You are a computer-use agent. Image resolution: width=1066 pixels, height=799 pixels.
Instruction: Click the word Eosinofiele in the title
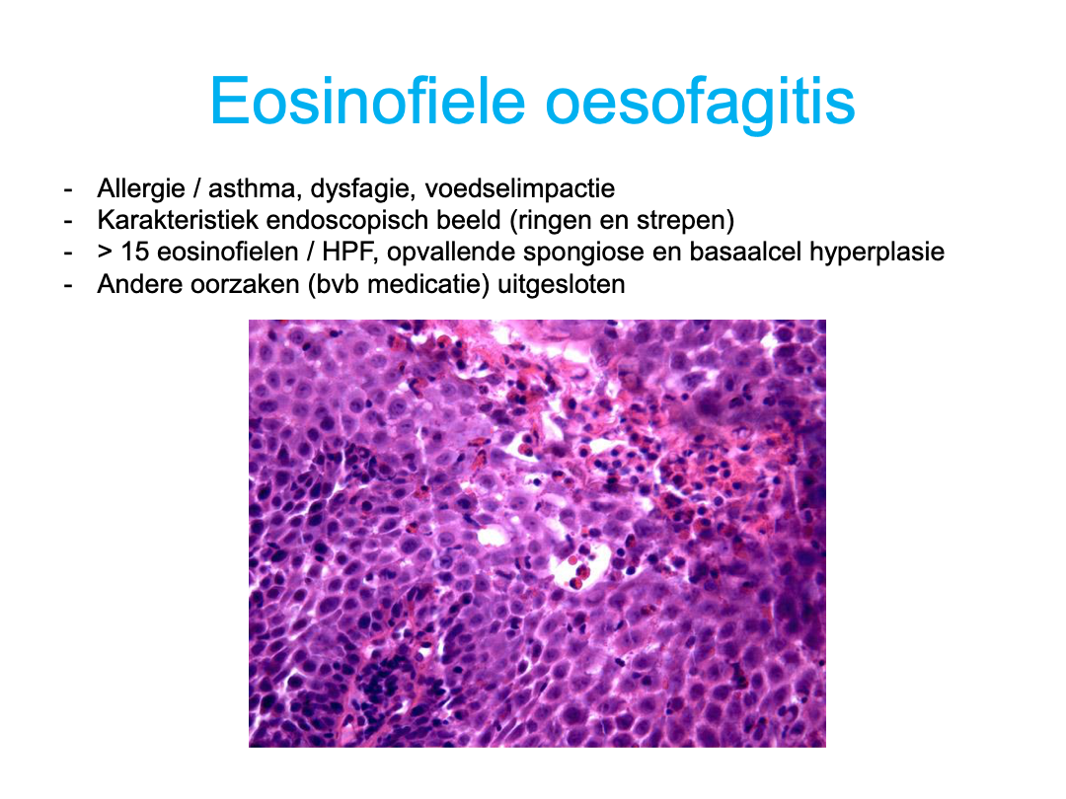pos(368,102)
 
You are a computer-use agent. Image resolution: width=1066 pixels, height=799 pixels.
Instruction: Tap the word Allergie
pos(141,188)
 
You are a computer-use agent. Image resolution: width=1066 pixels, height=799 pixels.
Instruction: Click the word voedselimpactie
pos(519,188)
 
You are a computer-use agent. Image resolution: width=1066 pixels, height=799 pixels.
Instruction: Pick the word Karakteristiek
pos(178,220)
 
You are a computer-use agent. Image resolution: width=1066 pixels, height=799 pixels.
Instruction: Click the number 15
pos(134,253)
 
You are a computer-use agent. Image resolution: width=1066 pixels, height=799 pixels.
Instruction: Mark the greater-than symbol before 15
pos(105,253)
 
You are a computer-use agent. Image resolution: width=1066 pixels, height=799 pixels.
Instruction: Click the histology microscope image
pos(537,534)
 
